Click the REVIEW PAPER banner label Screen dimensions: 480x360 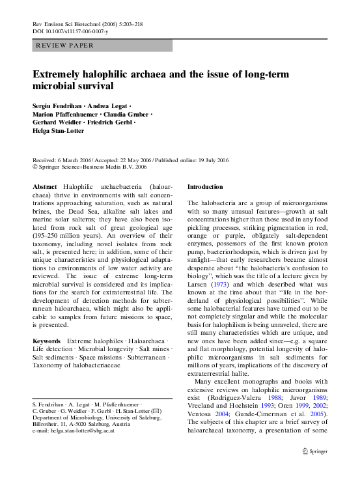point(64,46)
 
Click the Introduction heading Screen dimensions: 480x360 point(205,186)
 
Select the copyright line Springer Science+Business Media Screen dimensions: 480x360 point(90,167)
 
